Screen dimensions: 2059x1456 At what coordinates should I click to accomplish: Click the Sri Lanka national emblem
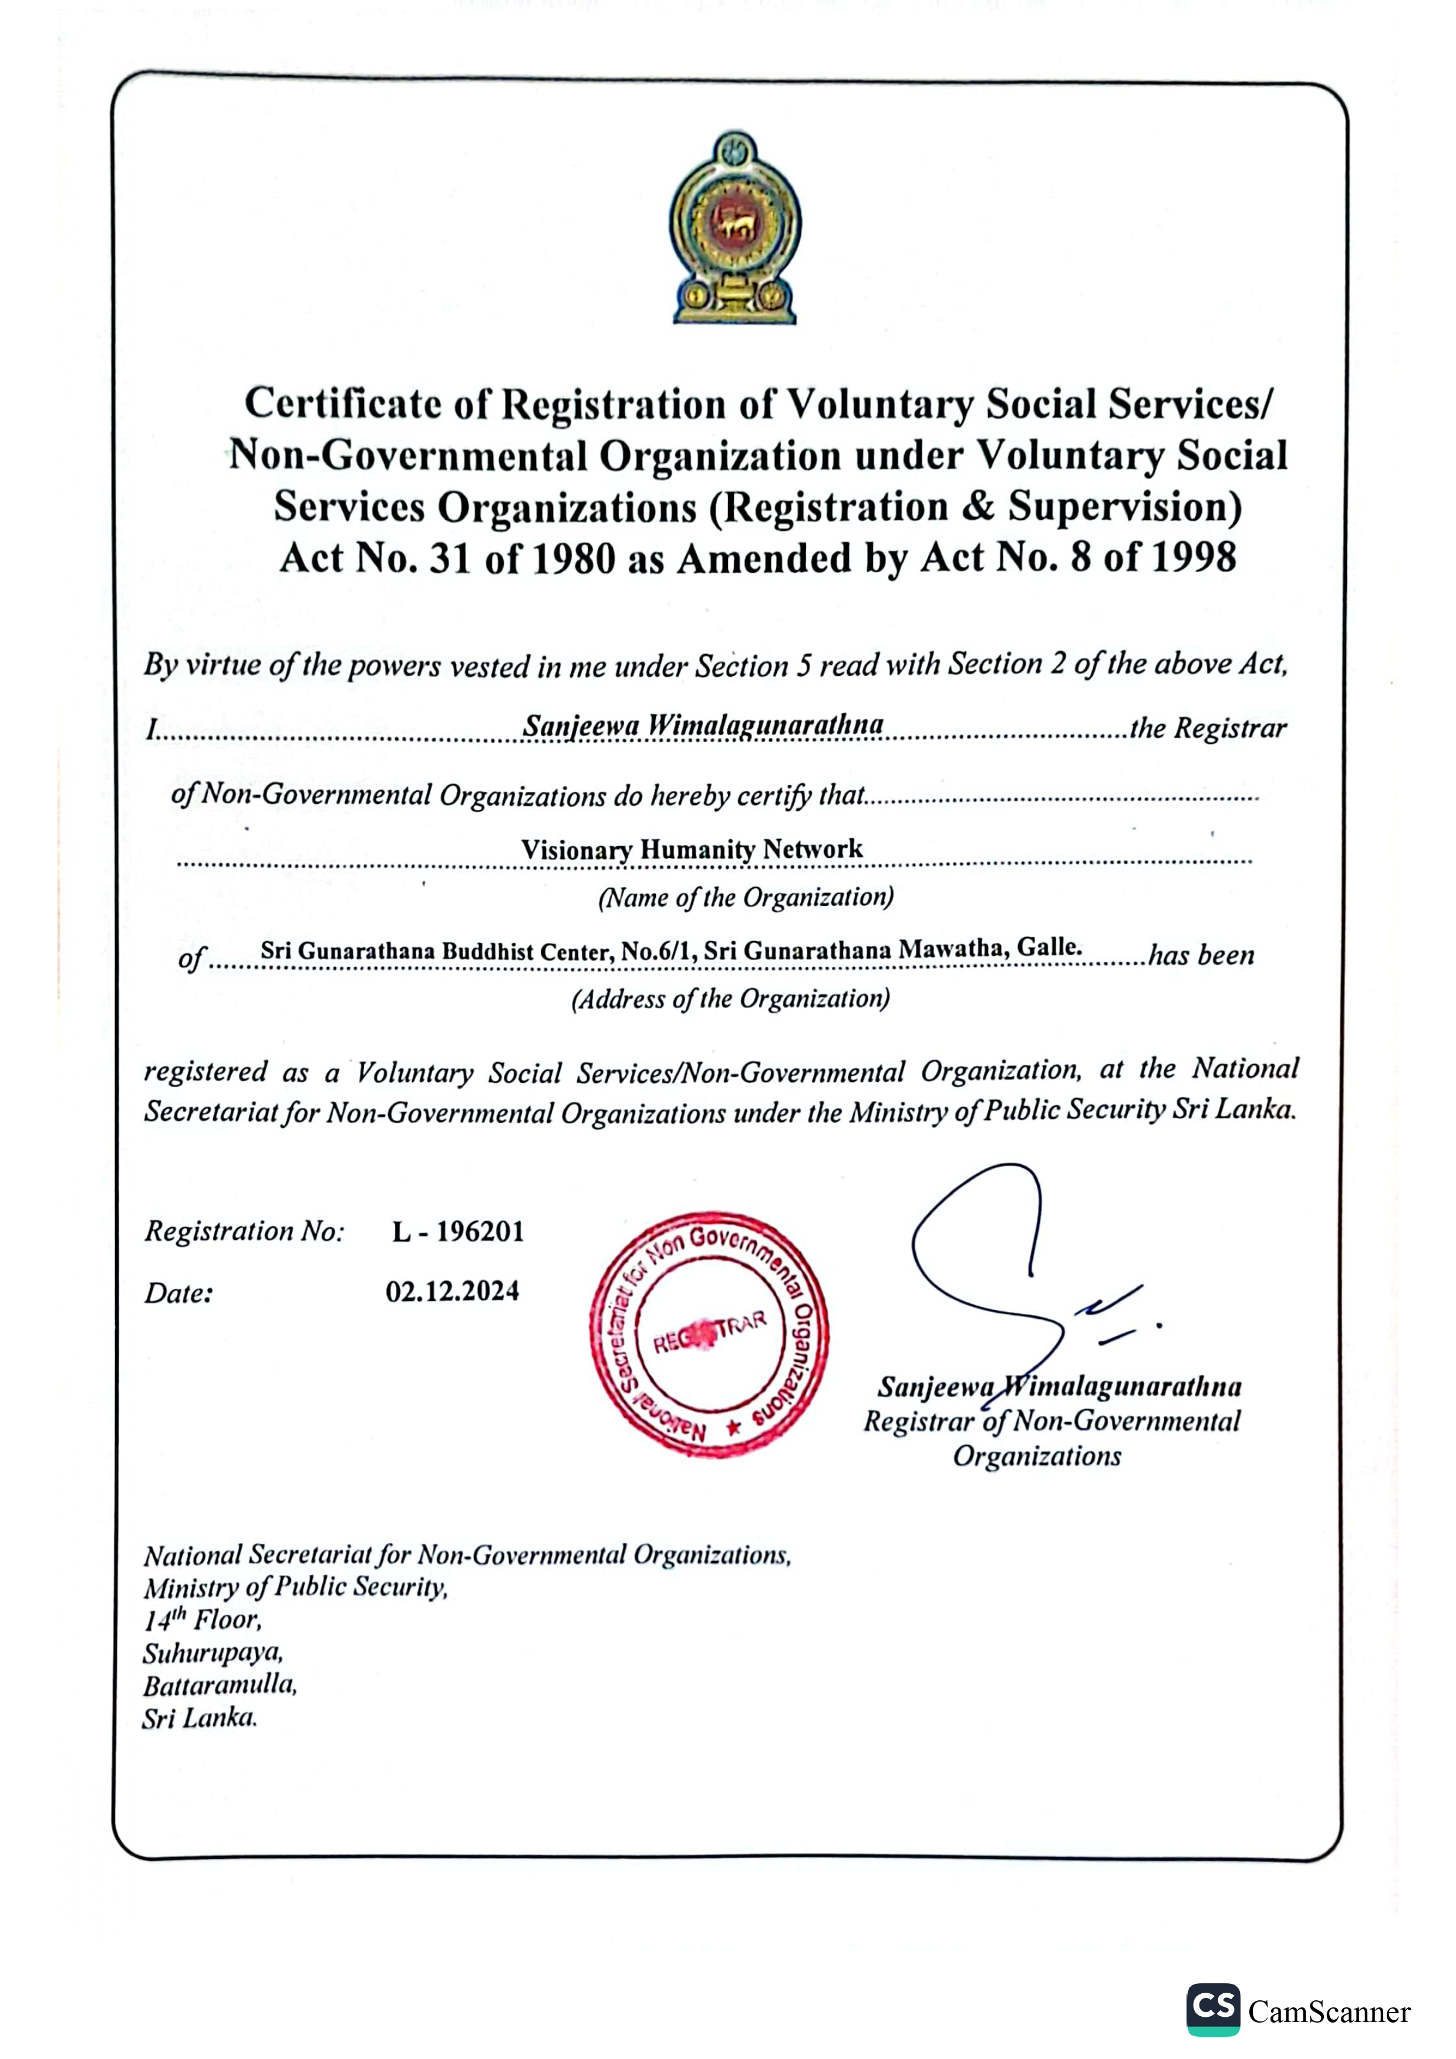734,228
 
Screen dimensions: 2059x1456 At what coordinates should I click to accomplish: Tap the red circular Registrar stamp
709,1334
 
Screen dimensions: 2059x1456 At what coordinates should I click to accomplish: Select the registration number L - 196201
457,1231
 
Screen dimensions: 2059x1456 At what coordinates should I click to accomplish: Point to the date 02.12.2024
452,1291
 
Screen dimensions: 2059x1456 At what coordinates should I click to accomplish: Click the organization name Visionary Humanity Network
692,848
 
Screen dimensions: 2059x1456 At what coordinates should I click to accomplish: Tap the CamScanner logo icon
1213,2010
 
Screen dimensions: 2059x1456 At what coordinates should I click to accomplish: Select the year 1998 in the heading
1193,558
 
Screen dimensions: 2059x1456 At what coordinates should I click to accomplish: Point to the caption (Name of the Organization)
746,898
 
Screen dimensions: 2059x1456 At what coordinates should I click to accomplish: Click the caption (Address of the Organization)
730,999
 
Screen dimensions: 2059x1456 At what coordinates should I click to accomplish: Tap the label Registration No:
244,1231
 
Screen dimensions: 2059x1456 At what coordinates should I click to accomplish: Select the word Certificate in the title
343,404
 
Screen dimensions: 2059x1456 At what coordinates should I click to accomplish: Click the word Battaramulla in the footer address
220,1685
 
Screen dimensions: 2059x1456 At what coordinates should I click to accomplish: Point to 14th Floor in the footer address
202,1619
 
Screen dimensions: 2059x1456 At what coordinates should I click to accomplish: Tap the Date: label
178,1293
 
